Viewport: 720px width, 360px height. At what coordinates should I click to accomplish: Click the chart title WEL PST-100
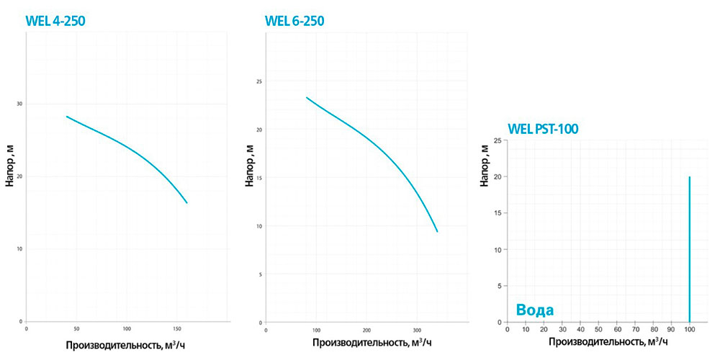click(543, 129)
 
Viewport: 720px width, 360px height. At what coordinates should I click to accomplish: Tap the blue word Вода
click(534, 310)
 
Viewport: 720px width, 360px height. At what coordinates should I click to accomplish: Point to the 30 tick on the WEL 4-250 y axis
click(19, 104)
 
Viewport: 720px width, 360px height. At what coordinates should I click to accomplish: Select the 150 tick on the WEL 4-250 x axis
click(177, 328)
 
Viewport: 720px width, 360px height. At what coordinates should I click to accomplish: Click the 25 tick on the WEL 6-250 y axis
click(258, 82)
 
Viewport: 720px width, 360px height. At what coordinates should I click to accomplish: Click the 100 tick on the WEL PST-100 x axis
click(690, 329)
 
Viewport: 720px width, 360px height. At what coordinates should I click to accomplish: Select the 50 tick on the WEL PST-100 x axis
click(598, 329)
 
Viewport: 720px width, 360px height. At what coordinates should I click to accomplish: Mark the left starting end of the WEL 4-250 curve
click(67, 117)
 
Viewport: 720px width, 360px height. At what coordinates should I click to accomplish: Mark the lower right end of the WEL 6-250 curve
click(437, 231)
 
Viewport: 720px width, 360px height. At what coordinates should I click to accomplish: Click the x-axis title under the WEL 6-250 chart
click(368, 344)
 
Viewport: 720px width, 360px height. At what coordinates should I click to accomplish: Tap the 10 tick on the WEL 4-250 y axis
click(19, 249)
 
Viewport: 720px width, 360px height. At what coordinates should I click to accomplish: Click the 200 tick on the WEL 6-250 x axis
click(366, 328)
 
